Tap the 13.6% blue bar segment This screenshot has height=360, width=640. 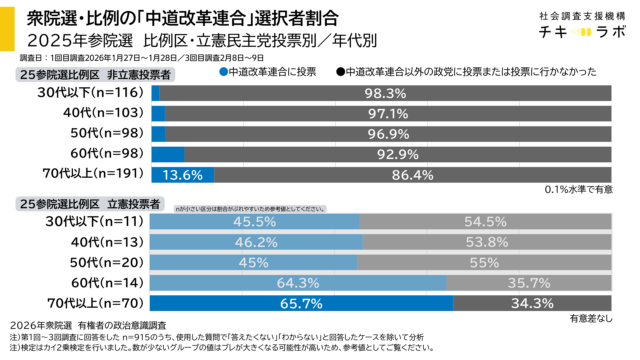click(x=181, y=174)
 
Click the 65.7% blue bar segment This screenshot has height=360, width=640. click(x=300, y=302)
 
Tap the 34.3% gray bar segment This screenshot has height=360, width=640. click(x=530, y=302)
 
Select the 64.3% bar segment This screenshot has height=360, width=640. click(x=297, y=282)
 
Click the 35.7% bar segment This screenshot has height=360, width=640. click(x=528, y=282)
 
